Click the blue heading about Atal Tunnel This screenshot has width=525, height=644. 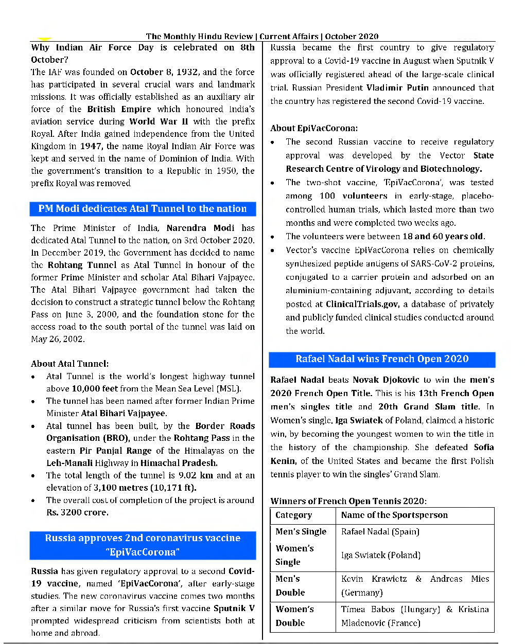tap(143, 209)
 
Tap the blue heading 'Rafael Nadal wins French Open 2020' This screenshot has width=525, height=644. tap(382, 359)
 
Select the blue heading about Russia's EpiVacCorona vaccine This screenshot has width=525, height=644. tap(143, 545)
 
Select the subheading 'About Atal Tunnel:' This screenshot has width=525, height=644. tap(69, 364)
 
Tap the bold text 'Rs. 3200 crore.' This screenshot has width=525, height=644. tap(77, 512)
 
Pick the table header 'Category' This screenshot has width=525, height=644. tap(294, 515)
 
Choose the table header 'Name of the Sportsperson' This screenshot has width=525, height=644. tap(394, 515)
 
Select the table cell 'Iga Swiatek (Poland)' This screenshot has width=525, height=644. tap(381, 555)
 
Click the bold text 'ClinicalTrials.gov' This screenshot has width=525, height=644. tap(362, 304)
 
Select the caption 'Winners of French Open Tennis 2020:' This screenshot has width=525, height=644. tap(348, 501)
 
